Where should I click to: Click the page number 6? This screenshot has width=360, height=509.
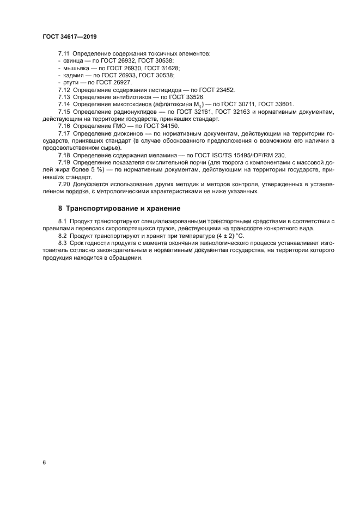coord(44,463)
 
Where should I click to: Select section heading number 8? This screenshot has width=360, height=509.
coord(60,208)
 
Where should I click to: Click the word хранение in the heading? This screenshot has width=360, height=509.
coord(161,208)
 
